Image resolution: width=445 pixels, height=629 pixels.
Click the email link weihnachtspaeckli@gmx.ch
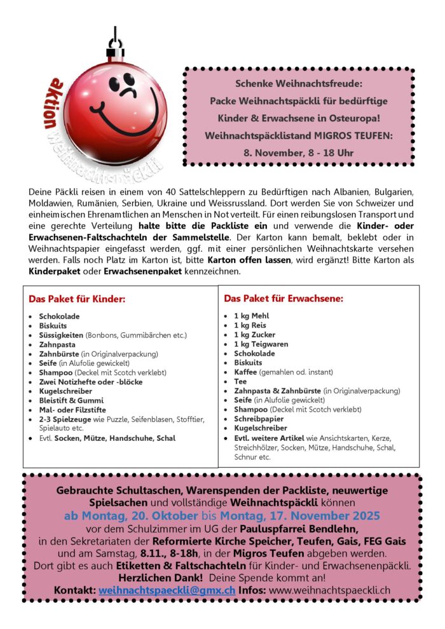[167, 590]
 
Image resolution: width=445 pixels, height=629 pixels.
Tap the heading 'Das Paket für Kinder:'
[76, 299]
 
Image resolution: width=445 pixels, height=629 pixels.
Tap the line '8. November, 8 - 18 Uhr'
[298, 153]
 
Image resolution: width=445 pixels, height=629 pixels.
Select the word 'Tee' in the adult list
[240, 381]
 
